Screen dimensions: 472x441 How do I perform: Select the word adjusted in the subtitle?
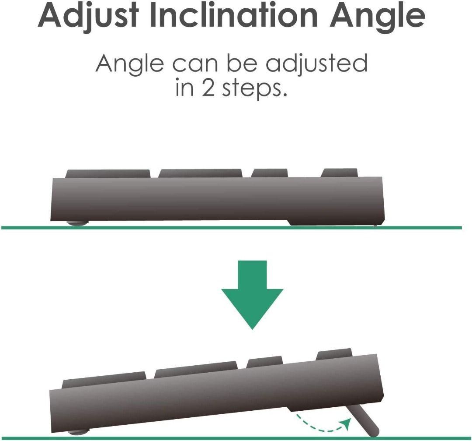point(317,64)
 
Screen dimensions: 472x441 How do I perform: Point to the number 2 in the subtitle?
point(208,88)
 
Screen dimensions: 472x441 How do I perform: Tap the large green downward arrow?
point(252,294)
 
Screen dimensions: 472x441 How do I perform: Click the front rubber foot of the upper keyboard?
point(77,223)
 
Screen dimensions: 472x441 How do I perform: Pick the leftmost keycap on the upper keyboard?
point(108,174)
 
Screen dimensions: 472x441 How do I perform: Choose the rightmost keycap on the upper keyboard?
point(339,173)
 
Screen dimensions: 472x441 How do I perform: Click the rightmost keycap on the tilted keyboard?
point(334,354)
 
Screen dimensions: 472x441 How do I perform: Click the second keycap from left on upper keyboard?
point(200,173)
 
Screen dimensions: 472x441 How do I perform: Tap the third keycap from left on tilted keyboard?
point(265,362)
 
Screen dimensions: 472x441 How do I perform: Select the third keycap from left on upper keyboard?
point(269,173)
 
